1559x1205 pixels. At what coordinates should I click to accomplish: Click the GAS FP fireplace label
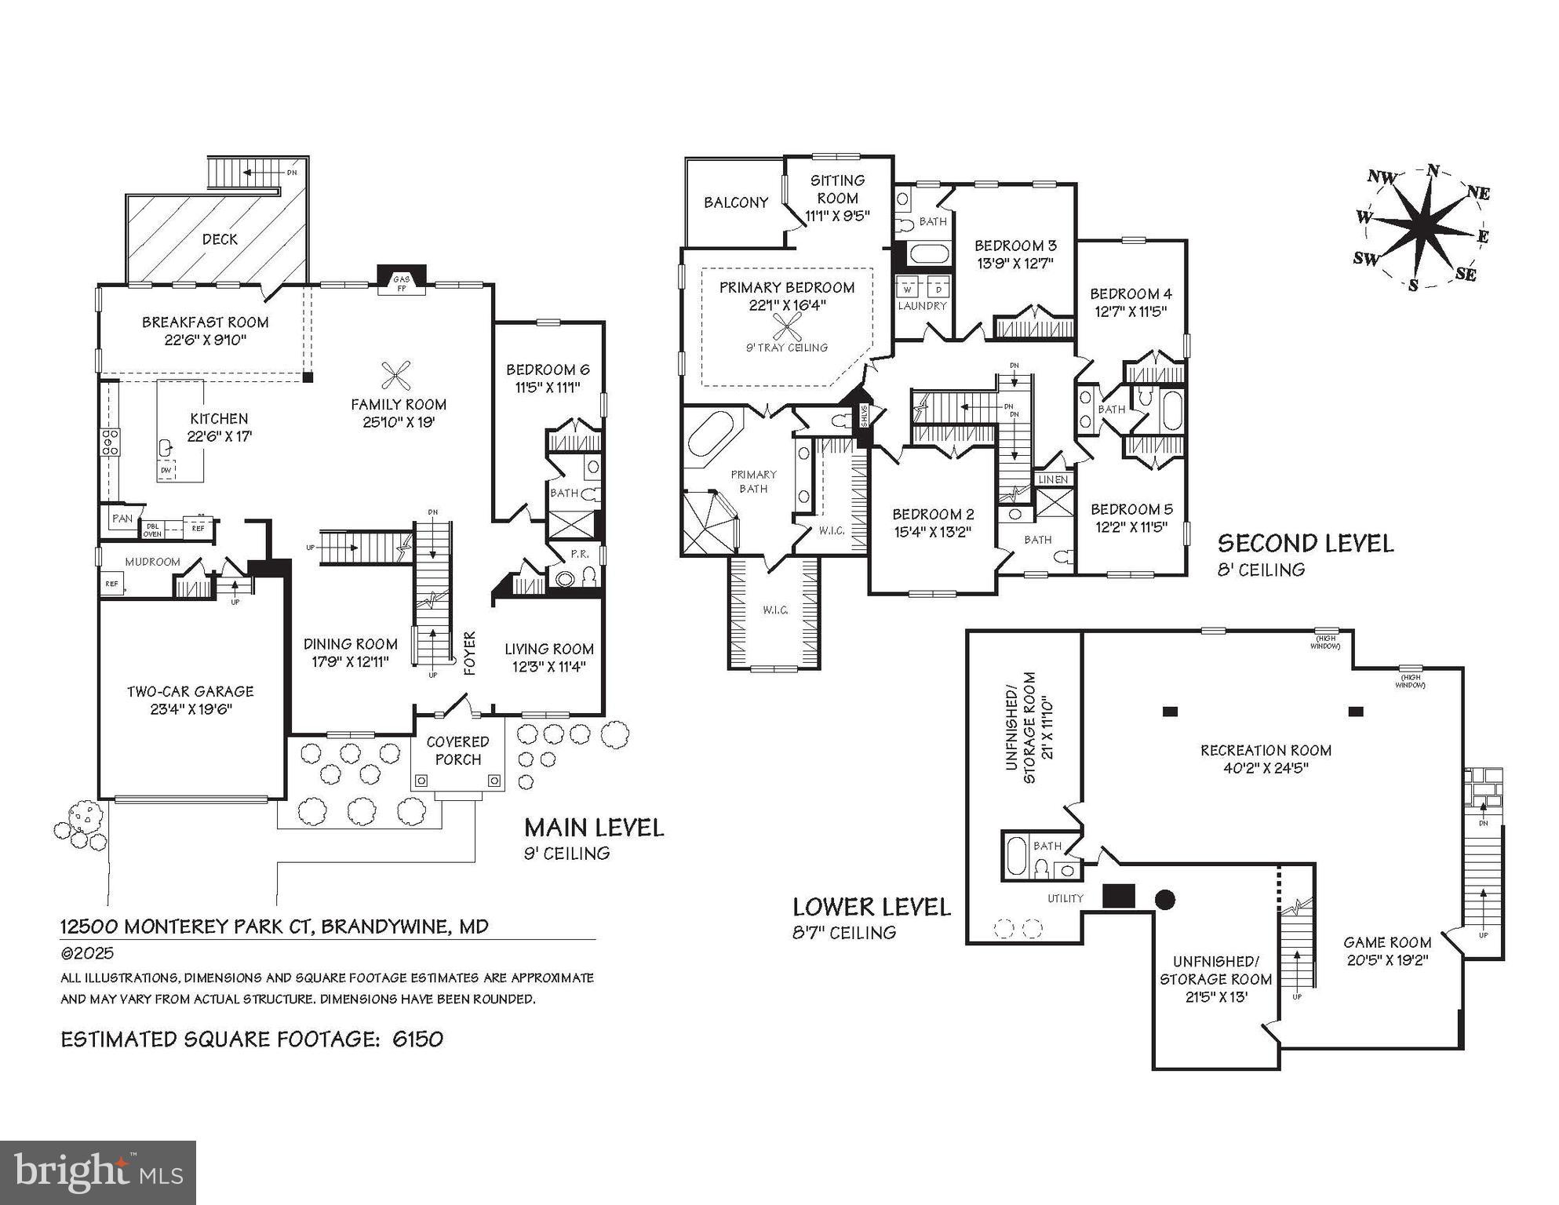tap(401, 284)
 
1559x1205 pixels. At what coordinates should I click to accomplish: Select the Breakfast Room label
tap(206, 322)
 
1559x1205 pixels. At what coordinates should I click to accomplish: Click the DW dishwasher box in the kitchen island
tap(166, 470)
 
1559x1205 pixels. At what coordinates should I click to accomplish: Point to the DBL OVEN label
tap(152, 530)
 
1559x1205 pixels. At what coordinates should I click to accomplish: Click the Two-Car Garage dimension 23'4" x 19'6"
tap(190, 710)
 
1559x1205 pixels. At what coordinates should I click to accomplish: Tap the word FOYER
tap(470, 653)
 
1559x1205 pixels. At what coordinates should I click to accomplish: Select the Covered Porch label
tap(457, 751)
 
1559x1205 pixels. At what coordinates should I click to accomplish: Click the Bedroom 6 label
tap(547, 370)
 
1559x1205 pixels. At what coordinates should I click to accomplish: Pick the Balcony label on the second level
tap(735, 202)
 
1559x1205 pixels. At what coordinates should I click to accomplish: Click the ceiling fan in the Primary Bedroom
tap(786, 327)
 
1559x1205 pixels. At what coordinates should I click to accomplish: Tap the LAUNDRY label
tap(922, 306)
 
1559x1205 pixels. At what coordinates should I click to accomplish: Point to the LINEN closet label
tap(1053, 479)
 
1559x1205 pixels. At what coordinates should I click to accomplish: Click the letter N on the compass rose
tap(1433, 171)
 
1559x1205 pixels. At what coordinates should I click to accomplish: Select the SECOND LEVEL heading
tap(1305, 544)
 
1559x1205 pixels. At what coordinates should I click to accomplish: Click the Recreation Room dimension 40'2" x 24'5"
tap(1266, 769)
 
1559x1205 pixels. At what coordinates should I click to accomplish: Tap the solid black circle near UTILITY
tap(1165, 900)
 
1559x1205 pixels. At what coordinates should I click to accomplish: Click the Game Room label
tap(1386, 943)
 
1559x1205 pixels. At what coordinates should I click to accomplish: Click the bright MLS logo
tap(98, 1173)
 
